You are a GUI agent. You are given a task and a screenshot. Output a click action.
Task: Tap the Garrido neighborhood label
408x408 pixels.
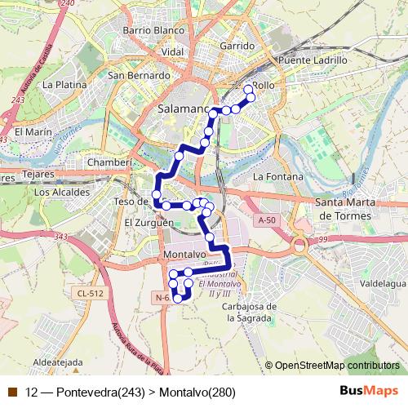coord(237,47)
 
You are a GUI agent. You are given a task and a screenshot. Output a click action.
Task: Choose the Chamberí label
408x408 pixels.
coord(109,162)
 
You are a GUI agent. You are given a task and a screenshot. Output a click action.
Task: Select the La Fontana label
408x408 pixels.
coord(277,176)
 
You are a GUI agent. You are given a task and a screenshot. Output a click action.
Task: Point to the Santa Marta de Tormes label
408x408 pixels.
coord(344,209)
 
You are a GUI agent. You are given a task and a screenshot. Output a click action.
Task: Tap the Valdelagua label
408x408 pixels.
coord(382,285)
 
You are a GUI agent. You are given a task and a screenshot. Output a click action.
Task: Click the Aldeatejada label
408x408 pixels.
coord(56,361)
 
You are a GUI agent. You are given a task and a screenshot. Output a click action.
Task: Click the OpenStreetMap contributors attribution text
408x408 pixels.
coord(335,366)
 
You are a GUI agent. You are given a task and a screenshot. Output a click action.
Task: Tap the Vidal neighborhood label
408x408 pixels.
coord(172,52)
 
